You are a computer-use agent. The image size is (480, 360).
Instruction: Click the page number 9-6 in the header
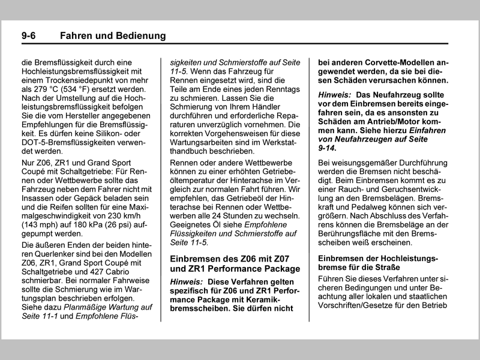tap(28, 36)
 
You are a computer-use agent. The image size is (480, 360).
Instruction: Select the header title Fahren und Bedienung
tap(113, 36)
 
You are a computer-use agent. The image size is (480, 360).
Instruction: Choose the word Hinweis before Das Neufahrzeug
tap(335, 95)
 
